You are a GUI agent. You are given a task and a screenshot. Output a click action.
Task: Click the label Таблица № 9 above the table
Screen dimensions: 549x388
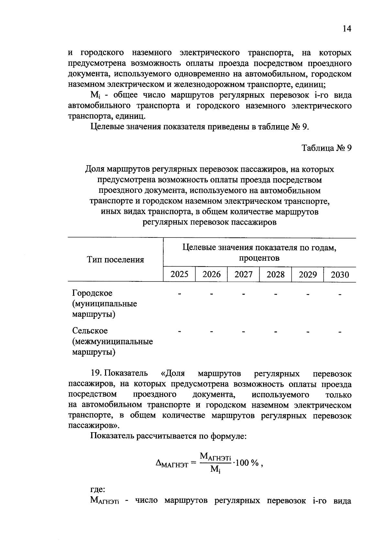(326, 148)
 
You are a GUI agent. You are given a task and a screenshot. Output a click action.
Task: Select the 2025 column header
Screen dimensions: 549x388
(179, 274)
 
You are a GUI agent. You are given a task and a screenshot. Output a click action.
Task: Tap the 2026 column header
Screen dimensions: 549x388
(211, 274)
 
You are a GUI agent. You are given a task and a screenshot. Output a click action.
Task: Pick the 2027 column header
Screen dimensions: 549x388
(243, 274)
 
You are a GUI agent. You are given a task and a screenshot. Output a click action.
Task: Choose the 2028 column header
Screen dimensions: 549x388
(275, 274)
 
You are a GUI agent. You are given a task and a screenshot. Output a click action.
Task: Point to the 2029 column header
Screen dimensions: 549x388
(307, 274)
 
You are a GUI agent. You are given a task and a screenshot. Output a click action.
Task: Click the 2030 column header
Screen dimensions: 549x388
(340, 275)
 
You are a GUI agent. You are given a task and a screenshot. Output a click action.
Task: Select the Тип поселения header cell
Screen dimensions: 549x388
(115, 260)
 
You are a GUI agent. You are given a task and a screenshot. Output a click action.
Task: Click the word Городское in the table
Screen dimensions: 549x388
(92, 293)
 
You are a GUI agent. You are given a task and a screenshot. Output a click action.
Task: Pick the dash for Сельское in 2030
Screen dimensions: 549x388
(340, 332)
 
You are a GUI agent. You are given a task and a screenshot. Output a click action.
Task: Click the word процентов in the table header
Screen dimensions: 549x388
(259, 258)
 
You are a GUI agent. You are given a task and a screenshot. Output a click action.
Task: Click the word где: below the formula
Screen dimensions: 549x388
(97, 490)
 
